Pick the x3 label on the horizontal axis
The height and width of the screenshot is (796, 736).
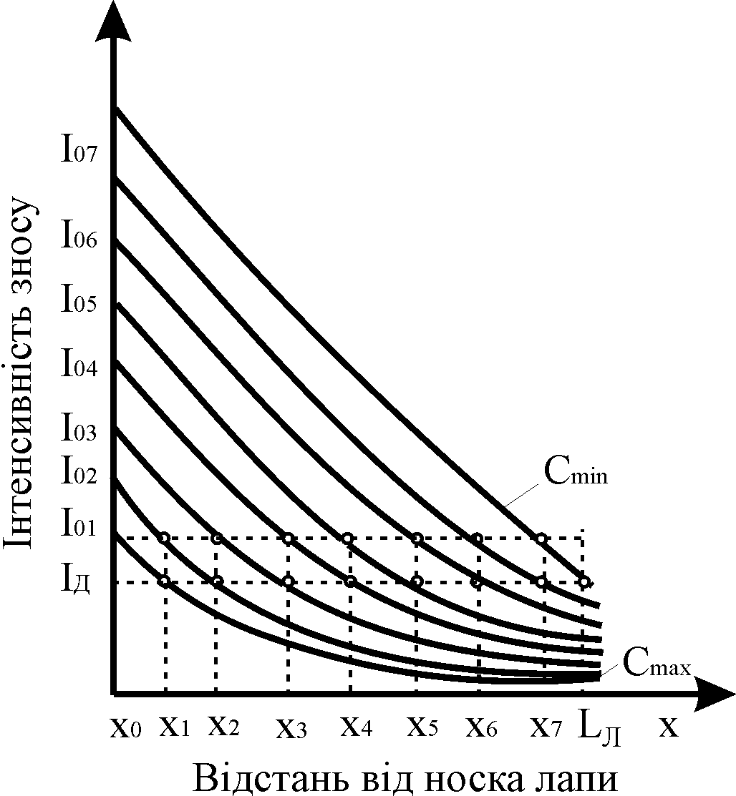tap(291, 729)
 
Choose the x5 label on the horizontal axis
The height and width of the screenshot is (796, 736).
tap(422, 727)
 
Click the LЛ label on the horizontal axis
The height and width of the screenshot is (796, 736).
tap(600, 729)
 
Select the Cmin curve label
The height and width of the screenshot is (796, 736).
tap(577, 473)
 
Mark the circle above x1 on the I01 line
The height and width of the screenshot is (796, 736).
tap(165, 538)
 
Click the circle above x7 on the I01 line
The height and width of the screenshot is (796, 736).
tap(542, 538)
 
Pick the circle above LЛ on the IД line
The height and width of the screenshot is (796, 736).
tap(584, 581)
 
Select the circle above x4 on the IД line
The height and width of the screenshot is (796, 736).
tap(350, 581)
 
